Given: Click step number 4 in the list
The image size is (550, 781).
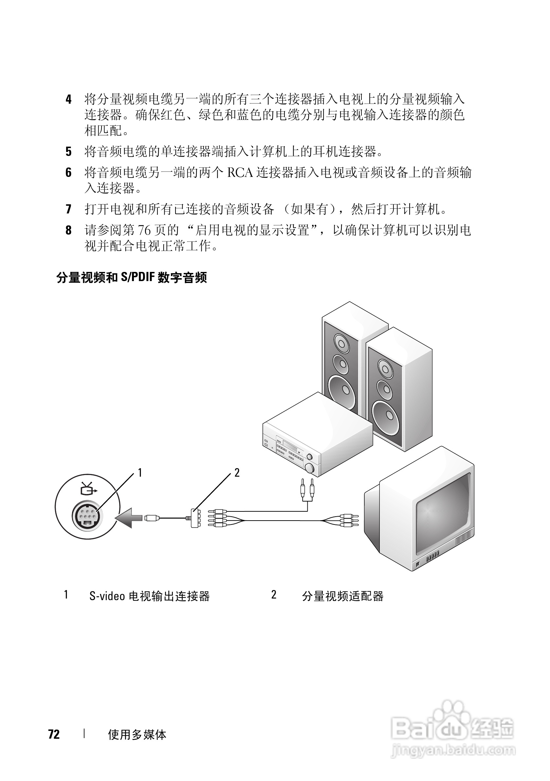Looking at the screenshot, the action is click(69, 100).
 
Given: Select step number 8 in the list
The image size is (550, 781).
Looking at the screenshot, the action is click(69, 230).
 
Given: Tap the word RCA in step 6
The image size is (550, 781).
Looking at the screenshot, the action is click(240, 173).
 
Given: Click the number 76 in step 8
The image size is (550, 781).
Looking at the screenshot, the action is click(144, 230).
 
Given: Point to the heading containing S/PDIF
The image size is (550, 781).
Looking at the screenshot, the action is click(132, 277).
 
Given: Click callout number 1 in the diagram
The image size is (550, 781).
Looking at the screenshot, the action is click(140, 472).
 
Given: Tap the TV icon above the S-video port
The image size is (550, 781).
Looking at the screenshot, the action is click(88, 489).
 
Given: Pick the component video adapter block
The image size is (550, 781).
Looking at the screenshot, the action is click(194, 518).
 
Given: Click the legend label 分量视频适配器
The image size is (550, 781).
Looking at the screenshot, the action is click(343, 596).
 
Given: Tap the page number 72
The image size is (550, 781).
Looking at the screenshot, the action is click(54, 734).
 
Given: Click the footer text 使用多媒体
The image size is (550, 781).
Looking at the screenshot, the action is click(137, 734).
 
